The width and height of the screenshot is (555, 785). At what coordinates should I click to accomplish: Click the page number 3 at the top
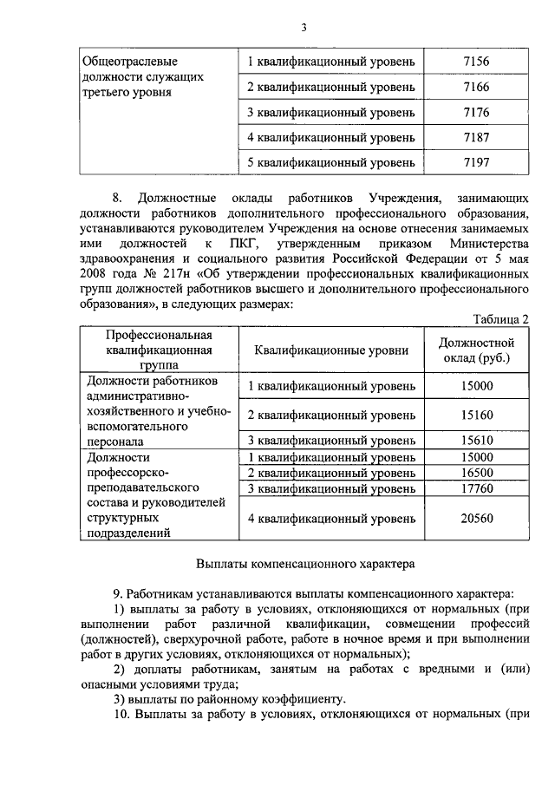click(x=304, y=27)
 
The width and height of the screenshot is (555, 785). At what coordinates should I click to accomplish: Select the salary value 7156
click(x=476, y=62)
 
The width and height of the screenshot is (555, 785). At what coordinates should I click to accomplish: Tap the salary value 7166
click(x=476, y=87)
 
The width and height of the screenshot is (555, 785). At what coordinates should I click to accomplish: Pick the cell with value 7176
click(x=476, y=112)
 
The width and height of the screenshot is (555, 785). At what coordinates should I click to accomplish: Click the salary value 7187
click(x=476, y=137)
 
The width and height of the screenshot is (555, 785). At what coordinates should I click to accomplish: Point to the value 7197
click(x=476, y=161)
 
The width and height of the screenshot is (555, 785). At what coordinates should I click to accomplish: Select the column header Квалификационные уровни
click(x=330, y=350)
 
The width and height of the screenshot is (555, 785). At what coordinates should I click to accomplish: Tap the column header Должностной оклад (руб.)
click(x=477, y=350)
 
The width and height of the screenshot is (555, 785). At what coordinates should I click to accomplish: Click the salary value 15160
click(x=477, y=415)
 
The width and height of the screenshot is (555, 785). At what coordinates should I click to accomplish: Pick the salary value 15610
click(x=477, y=440)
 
